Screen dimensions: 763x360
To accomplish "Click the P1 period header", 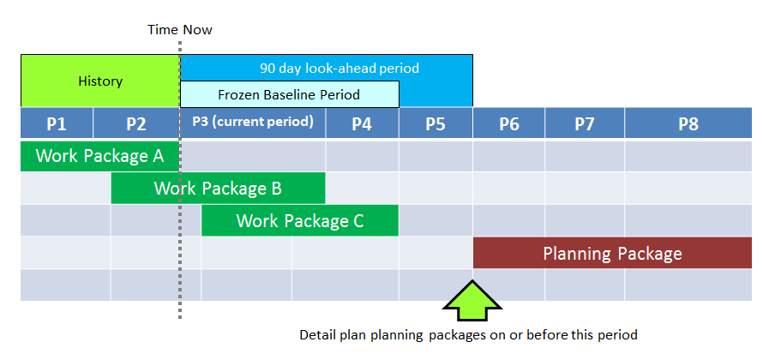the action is pos(57,123).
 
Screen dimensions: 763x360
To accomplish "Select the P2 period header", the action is pos(136,123).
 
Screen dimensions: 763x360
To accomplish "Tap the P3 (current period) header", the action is pos(253,123).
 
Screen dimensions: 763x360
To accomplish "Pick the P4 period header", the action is pos(363,123).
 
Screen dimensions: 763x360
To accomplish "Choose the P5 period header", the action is pos(436,123).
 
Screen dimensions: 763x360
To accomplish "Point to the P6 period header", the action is pos(509,123).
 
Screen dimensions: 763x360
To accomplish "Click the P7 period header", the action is pos(585,123).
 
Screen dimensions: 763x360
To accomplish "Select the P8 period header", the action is pos(688,123).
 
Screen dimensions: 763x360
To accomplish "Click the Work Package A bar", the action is pos(99,156).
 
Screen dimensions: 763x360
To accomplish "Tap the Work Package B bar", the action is pos(218,189).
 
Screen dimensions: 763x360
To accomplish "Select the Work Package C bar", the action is pos(300,220).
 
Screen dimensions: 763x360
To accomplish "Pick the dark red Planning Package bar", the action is pos(613,253).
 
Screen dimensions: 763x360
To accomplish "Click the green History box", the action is pos(100,81).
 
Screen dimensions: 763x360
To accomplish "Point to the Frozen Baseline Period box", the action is pos(290,94).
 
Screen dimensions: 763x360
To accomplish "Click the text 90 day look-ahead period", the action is pos(339,68).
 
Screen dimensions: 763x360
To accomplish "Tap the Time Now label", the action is pos(180,30).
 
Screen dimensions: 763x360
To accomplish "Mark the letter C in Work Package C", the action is pos(357,220).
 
